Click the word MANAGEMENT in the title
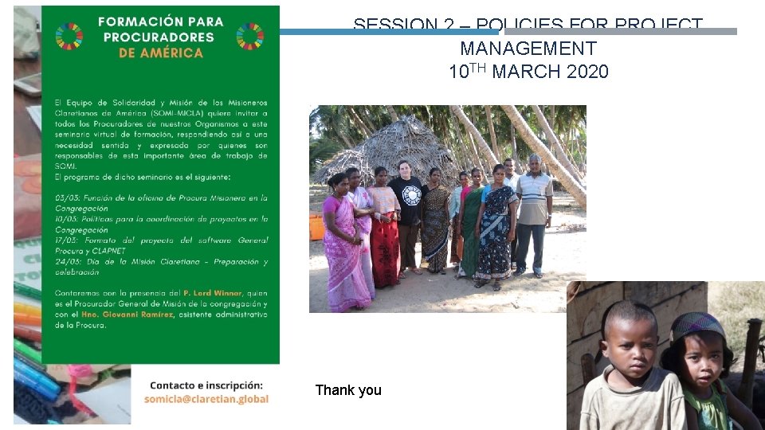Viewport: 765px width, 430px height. click(x=528, y=49)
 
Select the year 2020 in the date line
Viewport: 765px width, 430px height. click(x=587, y=72)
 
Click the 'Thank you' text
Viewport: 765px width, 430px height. click(x=348, y=390)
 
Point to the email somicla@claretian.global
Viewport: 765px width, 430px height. click(x=206, y=399)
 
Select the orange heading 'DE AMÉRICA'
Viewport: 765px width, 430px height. click(x=160, y=53)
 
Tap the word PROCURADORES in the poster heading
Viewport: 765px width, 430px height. click(x=160, y=37)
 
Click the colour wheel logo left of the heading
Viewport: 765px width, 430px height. click(x=69, y=36)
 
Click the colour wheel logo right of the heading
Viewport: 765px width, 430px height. click(x=250, y=36)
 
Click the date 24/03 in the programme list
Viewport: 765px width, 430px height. click(x=65, y=262)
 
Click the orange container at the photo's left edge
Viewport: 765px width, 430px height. click(x=316, y=226)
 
